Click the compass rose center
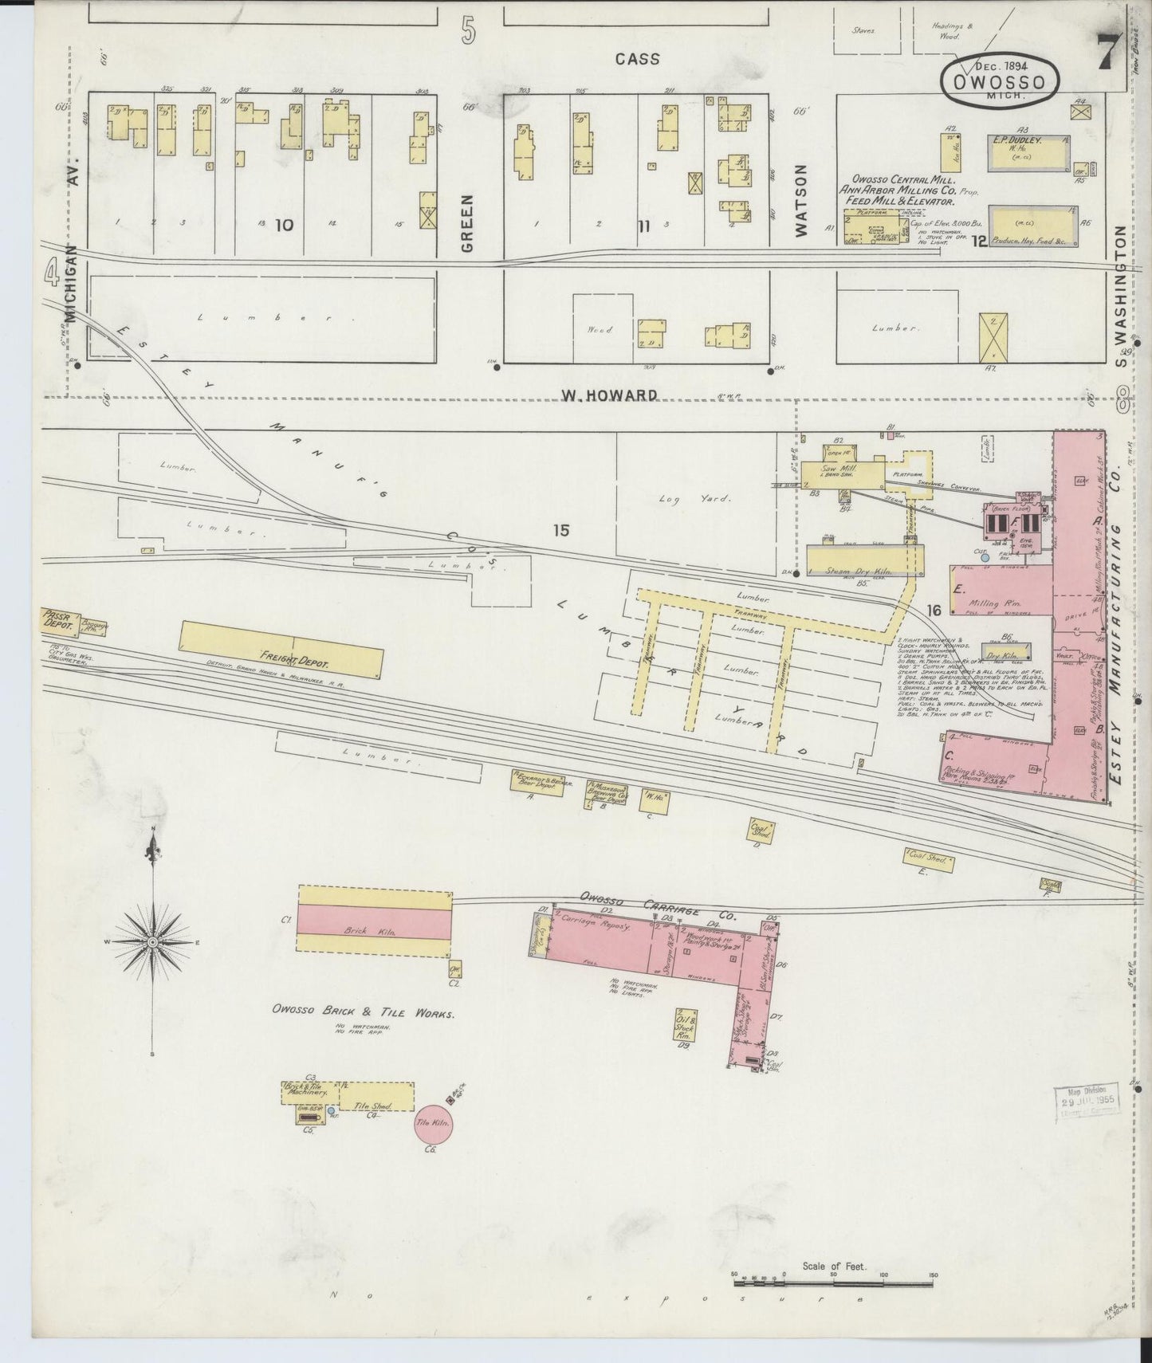pos(151,943)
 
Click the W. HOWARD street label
pos(610,395)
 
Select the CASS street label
pos(638,58)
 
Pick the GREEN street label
pos(468,222)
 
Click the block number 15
pos(561,530)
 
